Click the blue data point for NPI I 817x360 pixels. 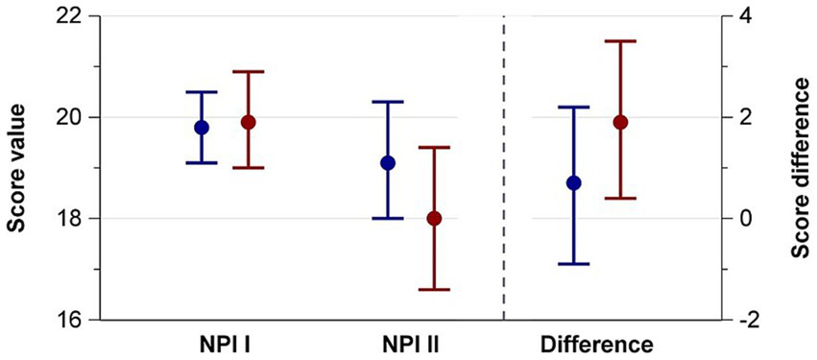tap(202, 127)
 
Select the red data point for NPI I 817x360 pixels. tap(249, 122)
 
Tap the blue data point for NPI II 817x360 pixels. tap(388, 162)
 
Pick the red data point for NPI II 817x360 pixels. tap(434, 218)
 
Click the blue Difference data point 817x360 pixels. tap(574, 182)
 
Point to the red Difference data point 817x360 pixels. tap(621, 122)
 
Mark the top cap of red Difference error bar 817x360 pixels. tap(621, 41)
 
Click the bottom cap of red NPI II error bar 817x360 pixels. tap(434, 289)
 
